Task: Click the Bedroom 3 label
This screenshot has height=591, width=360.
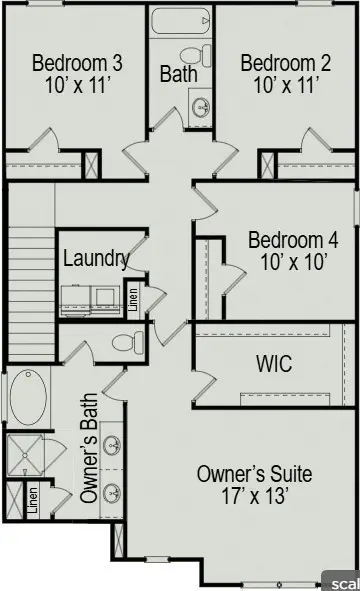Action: click(x=78, y=64)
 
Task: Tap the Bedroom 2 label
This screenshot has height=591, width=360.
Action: click(x=286, y=64)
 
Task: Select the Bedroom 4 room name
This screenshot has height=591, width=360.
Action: click(x=293, y=241)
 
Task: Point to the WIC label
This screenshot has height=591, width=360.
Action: click(x=273, y=363)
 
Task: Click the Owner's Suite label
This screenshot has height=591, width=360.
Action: click(x=254, y=473)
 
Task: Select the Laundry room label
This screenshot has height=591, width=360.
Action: click(x=96, y=258)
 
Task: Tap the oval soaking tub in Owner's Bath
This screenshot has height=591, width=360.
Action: click(x=28, y=398)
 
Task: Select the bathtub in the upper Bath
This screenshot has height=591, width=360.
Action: click(x=181, y=21)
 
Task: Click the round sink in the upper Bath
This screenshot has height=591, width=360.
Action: click(x=201, y=106)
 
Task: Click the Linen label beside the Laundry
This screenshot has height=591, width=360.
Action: click(x=132, y=297)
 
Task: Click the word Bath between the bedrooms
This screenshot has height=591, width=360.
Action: click(x=179, y=74)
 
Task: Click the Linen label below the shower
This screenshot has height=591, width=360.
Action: click(x=34, y=499)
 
